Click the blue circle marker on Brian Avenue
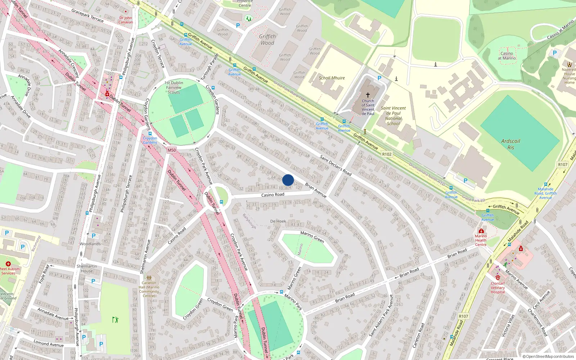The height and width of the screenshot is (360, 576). [288, 180]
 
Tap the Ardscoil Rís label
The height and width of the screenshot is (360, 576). [510, 144]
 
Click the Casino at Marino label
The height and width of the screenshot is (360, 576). [507, 56]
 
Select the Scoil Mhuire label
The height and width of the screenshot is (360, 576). [332, 78]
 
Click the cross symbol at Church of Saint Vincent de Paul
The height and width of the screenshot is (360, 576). [368, 95]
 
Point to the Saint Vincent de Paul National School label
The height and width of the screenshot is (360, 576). [393, 116]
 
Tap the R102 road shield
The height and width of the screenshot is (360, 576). [387, 154]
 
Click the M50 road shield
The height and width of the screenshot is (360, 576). [172, 150]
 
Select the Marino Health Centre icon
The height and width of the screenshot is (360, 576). [481, 231]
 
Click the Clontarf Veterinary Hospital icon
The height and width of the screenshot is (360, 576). [498, 277]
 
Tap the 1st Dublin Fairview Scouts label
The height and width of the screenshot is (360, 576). [174, 87]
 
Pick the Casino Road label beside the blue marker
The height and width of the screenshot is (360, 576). [273, 195]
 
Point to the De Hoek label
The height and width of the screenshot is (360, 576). [278, 221]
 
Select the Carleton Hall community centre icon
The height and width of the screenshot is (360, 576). [149, 278]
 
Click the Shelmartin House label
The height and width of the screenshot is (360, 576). [87, 269]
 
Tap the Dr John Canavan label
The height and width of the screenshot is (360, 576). [126, 20]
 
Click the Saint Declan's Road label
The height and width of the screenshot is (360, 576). [336, 165]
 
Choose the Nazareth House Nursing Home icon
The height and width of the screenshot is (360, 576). [569, 64]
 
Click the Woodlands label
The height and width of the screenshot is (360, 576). [90, 244]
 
